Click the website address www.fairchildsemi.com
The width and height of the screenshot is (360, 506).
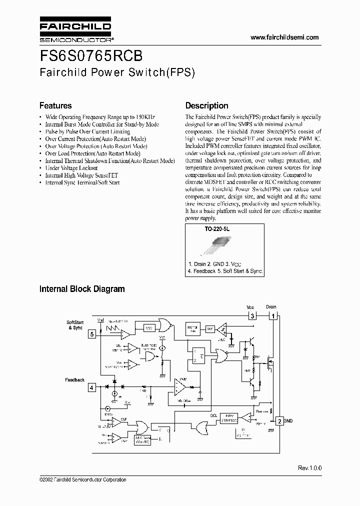(284, 37)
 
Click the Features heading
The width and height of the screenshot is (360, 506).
(55, 105)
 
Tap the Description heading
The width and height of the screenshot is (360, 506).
(206, 105)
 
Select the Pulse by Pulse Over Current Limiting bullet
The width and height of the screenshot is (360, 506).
(87, 131)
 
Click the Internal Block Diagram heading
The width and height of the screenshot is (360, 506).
(82, 289)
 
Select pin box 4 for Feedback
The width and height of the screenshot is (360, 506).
(91, 387)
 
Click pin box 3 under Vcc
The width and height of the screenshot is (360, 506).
(252, 316)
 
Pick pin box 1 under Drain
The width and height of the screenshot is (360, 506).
(272, 316)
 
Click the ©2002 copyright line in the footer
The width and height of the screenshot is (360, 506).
(82, 480)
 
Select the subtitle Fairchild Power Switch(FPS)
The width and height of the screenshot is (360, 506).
(116, 72)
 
